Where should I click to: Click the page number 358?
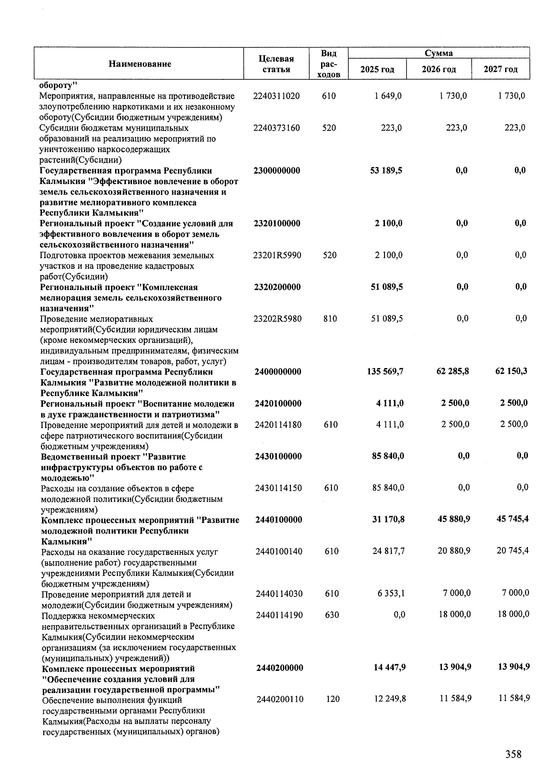pos(513,754)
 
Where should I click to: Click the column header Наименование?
pos(140,64)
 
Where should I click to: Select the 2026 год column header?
pos(438,69)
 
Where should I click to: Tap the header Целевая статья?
pos(276,64)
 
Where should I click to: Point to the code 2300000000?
pos(277,171)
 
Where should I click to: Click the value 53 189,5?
pos(386,171)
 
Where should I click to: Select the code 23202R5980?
pos(277,319)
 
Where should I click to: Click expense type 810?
pos(330,319)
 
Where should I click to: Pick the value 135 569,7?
pos(385,372)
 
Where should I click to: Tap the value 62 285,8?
pos(453,371)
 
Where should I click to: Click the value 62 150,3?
pos(511,371)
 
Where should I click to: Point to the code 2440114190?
pos(279,615)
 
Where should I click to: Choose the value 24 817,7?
pos(389,551)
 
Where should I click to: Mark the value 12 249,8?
pos(390,699)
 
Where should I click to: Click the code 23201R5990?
pos(277,255)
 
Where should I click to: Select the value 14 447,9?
pos(390,668)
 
